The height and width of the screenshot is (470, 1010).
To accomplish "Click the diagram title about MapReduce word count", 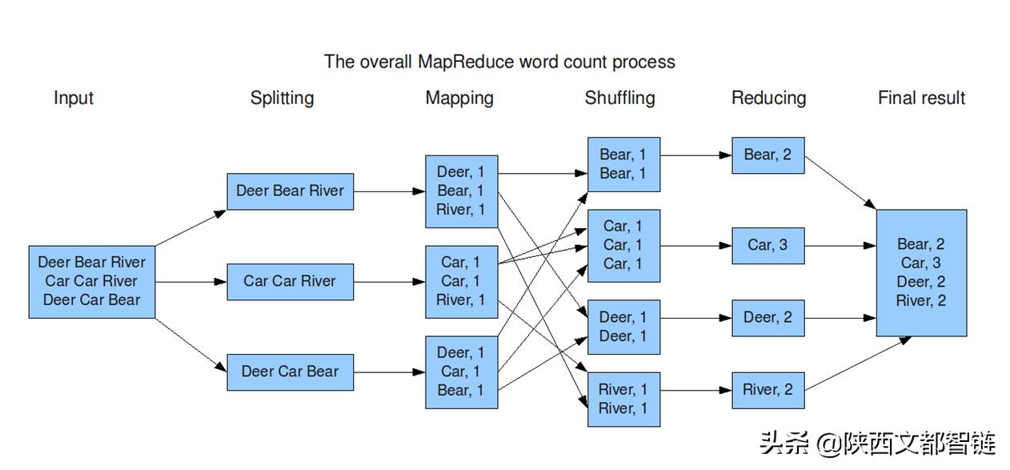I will (x=499, y=62).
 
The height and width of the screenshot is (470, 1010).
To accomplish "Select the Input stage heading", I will (x=74, y=98).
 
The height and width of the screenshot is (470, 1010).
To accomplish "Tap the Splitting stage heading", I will (x=282, y=98).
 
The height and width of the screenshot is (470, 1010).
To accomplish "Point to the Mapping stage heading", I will (x=459, y=98).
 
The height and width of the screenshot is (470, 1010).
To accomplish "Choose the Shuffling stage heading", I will (x=619, y=98).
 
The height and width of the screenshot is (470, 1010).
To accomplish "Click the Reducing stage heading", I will (x=768, y=98).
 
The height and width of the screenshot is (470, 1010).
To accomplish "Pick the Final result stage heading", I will (x=921, y=98).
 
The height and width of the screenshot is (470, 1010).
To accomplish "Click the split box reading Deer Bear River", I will (x=290, y=191).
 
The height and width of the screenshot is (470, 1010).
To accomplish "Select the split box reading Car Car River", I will (x=290, y=281).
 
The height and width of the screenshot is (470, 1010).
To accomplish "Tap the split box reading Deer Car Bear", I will (x=290, y=372).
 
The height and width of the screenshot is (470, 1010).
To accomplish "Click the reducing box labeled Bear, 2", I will (x=768, y=155).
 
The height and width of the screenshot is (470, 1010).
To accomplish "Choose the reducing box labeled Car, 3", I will (x=768, y=245).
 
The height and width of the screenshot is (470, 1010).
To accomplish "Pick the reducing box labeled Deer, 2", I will (x=768, y=318).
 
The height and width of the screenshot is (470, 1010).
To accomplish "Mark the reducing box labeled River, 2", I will (x=768, y=390).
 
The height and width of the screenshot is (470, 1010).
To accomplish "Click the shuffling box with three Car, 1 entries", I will (x=623, y=245).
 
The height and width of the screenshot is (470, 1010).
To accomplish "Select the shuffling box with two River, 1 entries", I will (x=623, y=399).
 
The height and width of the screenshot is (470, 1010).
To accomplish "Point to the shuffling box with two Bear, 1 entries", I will (x=623, y=164).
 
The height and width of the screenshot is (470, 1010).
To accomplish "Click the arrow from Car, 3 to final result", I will (x=840, y=246).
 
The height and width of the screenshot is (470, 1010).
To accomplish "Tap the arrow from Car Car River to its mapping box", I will (x=389, y=282).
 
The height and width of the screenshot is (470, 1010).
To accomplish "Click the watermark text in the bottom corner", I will (x=876, y=443).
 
